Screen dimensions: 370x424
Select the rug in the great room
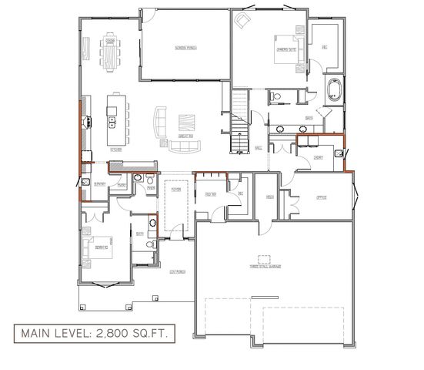[x=185, y=123]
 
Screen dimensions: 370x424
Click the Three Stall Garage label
[x=263, y=259]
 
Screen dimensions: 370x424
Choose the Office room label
[x=322, y=197]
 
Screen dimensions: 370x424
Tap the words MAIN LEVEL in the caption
[x=49, y=333]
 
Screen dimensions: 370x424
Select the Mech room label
[x=270, y=197]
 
